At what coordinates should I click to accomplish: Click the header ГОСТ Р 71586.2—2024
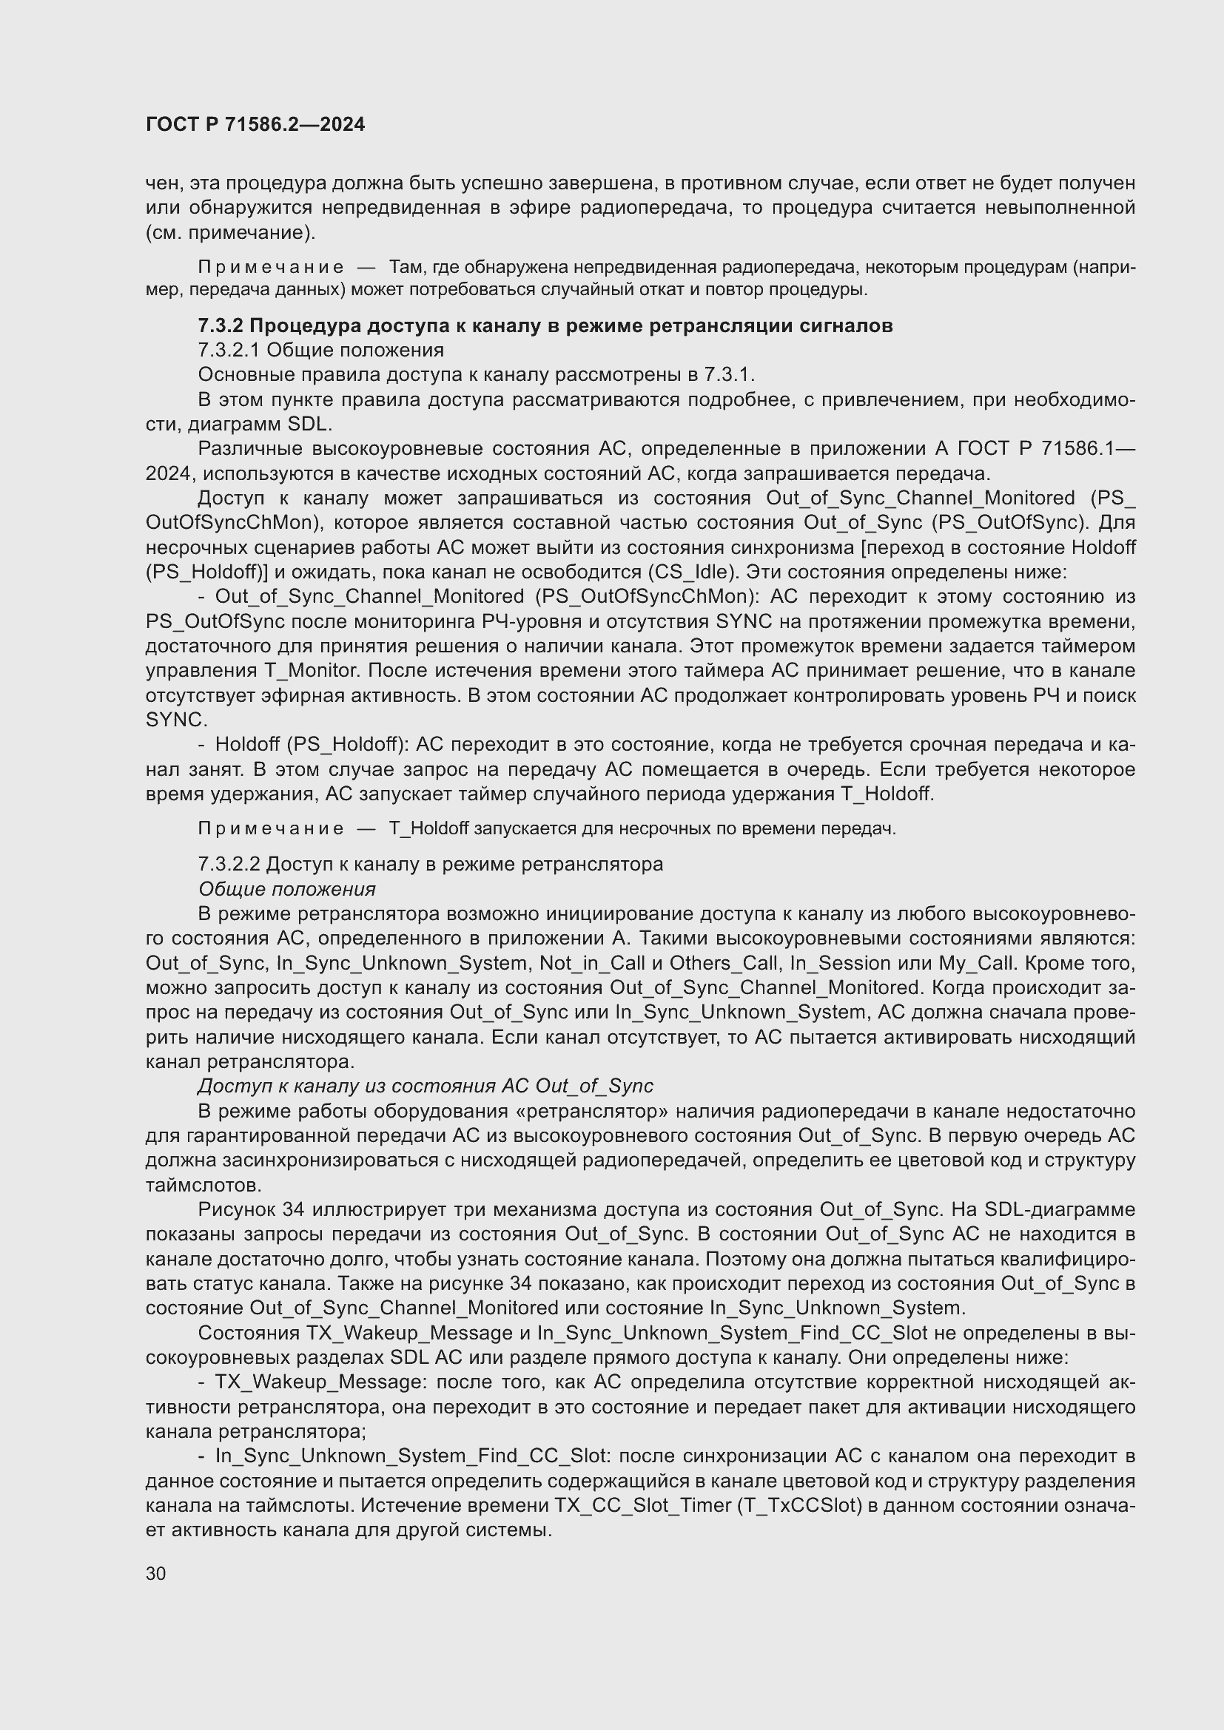(x=255, y=124)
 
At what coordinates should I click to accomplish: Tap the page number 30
(x=156, y=1573)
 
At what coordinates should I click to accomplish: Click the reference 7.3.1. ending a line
(x=729, y=374)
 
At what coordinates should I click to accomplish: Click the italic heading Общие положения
(x=286, y=889)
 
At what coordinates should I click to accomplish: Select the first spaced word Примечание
(x=271, y=267)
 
